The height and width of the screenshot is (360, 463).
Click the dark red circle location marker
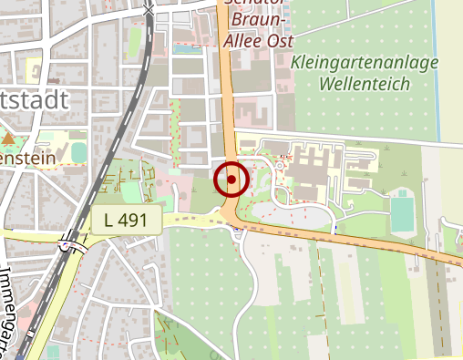(231, 180)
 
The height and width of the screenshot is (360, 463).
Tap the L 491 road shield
(126, 219)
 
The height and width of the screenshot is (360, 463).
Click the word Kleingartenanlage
(365, 64)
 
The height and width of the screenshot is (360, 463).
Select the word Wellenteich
(365, 84)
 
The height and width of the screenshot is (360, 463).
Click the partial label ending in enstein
(27, 158)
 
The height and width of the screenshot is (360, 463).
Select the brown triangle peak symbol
(9, 139)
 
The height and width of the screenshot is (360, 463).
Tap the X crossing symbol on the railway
(149, 9)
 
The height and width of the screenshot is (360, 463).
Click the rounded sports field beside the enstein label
(79, 151)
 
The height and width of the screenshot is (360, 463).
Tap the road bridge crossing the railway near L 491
(69, 242)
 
